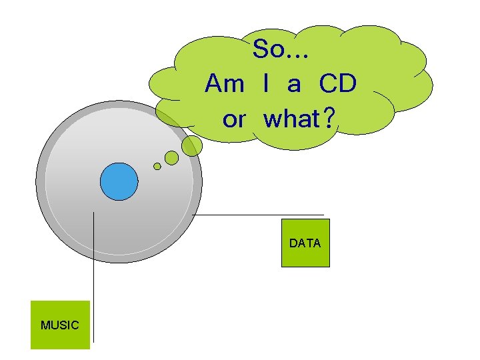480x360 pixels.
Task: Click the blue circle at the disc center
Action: pyautogui.click(x=119, y=181)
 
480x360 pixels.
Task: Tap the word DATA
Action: pyautogui.click(x=305, y=243)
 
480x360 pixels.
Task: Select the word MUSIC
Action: pyautogui.click(x=59, y=325)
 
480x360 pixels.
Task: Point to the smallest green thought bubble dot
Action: pyautogui.click(x=157, y=167)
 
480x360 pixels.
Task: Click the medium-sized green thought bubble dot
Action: pyautogui.click(x=171, y=158)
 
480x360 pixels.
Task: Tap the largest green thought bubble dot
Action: pyautogui.click(x=192, y=146)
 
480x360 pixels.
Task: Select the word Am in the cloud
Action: pyautogui.click(x=225, y=84)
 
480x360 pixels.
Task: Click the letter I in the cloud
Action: pyautogui.click(x=267, y=84)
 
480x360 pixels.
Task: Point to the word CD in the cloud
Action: pyautogui.click(x=337, y=84)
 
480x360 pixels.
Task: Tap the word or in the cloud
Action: pyautogui.click(x=234, y=120)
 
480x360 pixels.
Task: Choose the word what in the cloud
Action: pyautogui.click(x=291, y=120)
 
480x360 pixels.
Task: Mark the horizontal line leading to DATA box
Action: pyautogui.click(x=260, y=215)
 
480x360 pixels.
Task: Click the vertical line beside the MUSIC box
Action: pyautogui.click(x=93, y=280)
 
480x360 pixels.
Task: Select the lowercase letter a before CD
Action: pyautogui.click(x=294, y=85)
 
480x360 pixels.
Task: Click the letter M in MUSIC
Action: pyautogui.click(x=45, y=325)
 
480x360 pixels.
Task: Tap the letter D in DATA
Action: pyautogui.click(x=293, y=243)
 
